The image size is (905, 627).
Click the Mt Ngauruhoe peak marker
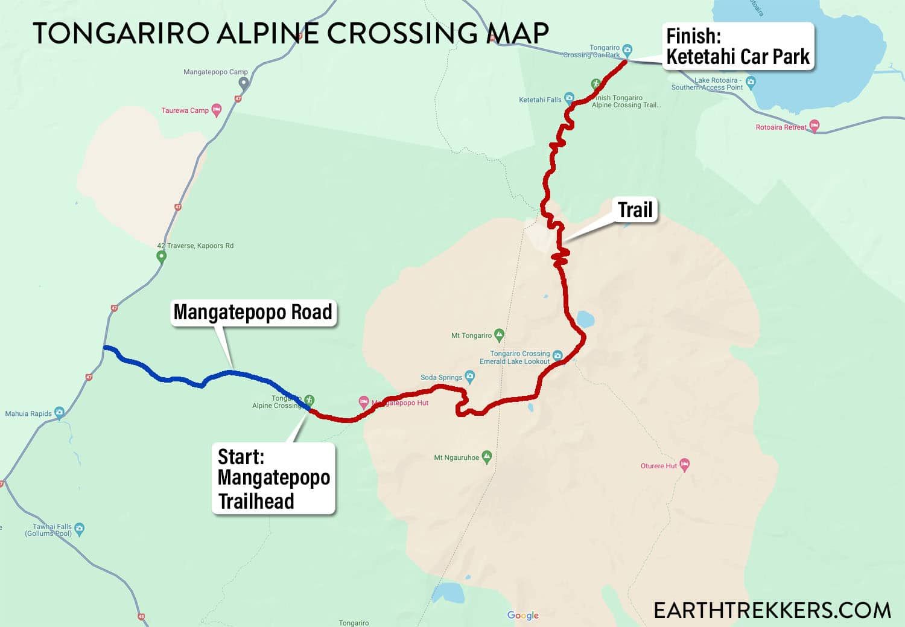tap(487, 457)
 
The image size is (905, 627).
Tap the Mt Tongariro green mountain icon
tap(499, 334)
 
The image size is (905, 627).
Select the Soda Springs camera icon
tap(470, 377)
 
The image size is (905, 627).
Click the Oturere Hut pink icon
tap(684, 465)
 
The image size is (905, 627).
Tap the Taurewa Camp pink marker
tap(217, 110)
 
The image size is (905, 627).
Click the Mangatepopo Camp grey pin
tap(243, 83)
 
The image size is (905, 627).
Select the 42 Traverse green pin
tap(161, 256)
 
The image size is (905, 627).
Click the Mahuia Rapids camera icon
tap(59, 413)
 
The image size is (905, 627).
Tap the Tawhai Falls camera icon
tap(79, 529)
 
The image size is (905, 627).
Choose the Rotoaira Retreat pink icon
tap(814, 126)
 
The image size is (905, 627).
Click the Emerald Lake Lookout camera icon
tap(557, 355)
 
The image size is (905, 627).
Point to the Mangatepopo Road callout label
tap(253, 313)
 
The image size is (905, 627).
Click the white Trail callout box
tap(635, 210)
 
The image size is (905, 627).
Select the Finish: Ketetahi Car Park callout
tap(737, 46)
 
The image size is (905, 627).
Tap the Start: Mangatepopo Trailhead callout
tap(273, 479)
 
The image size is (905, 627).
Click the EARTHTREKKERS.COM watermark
tap(772, 610)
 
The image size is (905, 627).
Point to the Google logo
tap(523, 615)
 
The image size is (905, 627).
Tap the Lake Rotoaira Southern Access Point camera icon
tap(751, 81)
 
